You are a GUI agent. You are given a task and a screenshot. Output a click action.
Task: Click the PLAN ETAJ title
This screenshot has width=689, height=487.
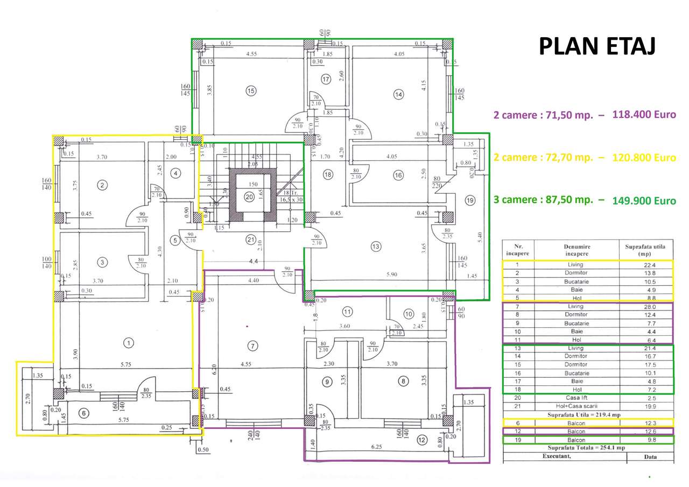click(597, 47)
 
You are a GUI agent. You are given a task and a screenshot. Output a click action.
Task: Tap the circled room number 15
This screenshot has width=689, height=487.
click(250, 91)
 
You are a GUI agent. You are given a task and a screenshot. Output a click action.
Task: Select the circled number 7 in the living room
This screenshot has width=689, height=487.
click(251, 345)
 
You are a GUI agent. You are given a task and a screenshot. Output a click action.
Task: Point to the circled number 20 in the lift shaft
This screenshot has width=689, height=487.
click(249, 197)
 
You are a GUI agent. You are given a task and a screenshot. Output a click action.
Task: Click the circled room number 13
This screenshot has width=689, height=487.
click(375, 246)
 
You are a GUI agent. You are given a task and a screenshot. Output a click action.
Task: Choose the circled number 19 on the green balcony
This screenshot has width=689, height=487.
click(470, 201)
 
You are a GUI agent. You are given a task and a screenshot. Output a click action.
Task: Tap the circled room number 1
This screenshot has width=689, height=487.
click(128, 342)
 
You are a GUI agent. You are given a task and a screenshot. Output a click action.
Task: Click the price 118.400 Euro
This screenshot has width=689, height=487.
click(644, 115)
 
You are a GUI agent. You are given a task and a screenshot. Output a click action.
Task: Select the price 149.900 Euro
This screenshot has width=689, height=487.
click(644, 201)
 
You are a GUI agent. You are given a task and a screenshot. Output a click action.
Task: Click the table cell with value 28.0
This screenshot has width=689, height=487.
click(646, 306)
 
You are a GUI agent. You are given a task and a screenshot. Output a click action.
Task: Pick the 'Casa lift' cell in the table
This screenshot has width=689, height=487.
click(575, 398)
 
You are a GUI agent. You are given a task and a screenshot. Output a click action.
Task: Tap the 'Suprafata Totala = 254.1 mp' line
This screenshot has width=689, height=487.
click(588, 448)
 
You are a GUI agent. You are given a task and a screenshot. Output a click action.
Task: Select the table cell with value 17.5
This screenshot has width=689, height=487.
click(646, 364)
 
